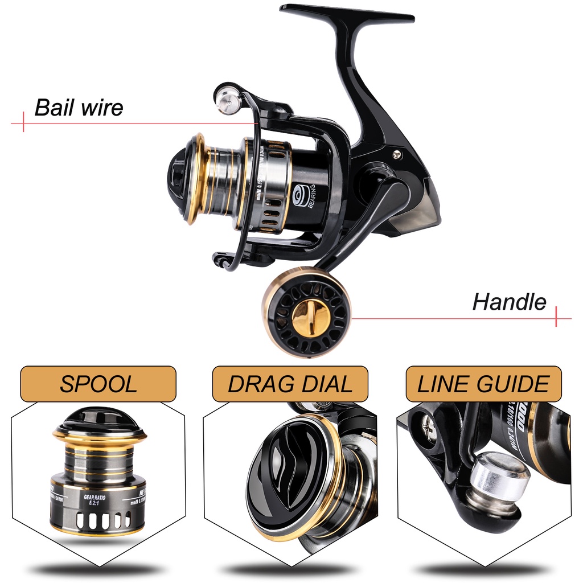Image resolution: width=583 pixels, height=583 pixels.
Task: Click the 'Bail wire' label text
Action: point(79,107)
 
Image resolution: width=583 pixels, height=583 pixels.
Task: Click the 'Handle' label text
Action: point(509,302)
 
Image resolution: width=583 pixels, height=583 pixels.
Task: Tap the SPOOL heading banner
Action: point(98,384)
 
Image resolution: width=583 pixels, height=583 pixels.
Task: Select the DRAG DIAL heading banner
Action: point(290,384)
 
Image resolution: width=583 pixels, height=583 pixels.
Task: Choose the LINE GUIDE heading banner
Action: point(483,384)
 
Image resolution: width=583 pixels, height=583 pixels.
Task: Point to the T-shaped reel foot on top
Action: point(347,14)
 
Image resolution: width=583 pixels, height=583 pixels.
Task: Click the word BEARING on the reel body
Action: point(311,197)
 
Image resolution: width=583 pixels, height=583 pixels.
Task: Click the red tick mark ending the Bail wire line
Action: point(23,122)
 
